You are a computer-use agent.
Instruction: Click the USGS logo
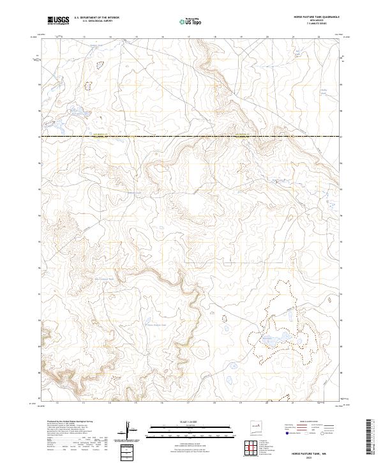(58, 20)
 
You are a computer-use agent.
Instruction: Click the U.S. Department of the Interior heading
(96, 18)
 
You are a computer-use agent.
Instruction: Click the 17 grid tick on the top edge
(189, 37)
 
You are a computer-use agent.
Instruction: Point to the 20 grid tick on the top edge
(267, 37)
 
